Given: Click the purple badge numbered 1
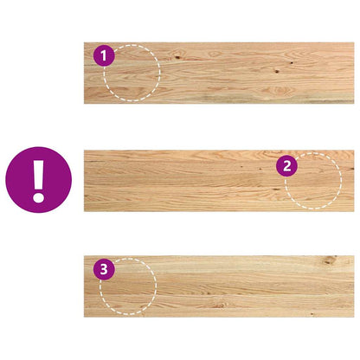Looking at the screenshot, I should click(x=104, y=56).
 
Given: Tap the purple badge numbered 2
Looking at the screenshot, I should click(x=287, y=165).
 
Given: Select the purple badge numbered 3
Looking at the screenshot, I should click(x=105, y=269).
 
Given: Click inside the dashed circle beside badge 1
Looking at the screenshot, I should click(x=132, y=74).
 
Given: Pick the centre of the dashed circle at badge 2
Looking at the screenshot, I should click(x=313, y=181).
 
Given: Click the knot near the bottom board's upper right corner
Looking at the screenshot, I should click(x=334, y=259).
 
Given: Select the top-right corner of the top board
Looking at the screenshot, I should click(x=353, y=43).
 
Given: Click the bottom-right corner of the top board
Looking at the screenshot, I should click(x=353, y=104).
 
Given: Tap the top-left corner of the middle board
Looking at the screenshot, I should click(x=85, y=151).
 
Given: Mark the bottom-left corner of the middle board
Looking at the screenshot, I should click(x=85, y=210).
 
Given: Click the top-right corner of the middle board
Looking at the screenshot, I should click(x=353, y=151).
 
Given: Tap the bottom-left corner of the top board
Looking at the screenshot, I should click(x=85, y=104).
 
